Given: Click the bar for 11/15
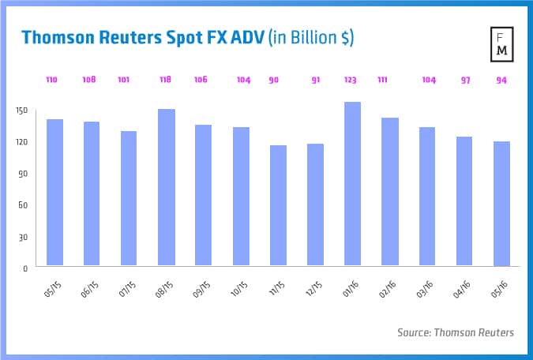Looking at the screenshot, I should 278,205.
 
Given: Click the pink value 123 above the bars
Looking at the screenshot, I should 352,80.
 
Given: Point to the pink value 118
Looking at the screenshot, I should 167,80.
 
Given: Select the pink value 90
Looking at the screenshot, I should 278,80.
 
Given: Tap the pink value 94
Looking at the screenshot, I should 501,80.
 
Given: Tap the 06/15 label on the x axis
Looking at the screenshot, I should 89,286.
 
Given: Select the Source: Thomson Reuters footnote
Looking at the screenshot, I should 455,332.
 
